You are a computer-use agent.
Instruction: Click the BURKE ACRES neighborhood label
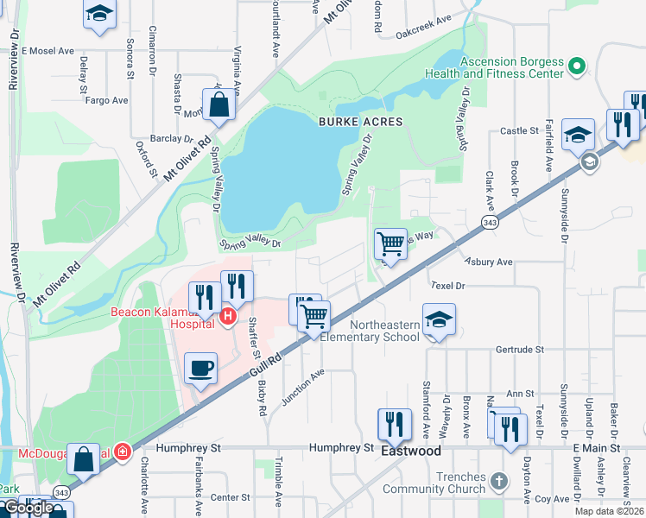pyautogui.click(x=361, y=122)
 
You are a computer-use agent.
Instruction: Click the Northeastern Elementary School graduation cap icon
pyautogui.click(x=439, y=320)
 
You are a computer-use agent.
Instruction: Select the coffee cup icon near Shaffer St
pyautogui.click(x=200, y=369)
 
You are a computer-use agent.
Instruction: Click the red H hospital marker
pyautogui.click(x=228, y=317)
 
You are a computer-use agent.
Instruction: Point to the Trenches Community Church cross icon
pyautogui.click(x=498, y=479)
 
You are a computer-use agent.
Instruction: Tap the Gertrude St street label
pyautogui.click(x=520, y=350)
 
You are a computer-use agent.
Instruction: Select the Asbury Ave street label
pyautogui.click(x=489, y=262)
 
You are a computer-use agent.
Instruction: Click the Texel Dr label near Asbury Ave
pyautogui.click(x=448, y=285)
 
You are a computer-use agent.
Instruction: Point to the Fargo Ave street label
pyautogui.click(x=107, y=101)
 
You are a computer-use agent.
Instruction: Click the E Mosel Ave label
pyautogui.click(x=47, y=51)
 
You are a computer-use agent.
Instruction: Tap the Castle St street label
pyautogui.click(x=519, y=131)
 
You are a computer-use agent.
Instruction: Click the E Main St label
pyautogui.click(x=597, y=448)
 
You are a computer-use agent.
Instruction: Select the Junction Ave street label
pyautogui.click(x=301, y=387)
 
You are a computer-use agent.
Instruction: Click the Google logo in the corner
pyautogui.click(x=28, y=508)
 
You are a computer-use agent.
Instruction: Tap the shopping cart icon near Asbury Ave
pyautogui.click(x=390, y=244)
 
